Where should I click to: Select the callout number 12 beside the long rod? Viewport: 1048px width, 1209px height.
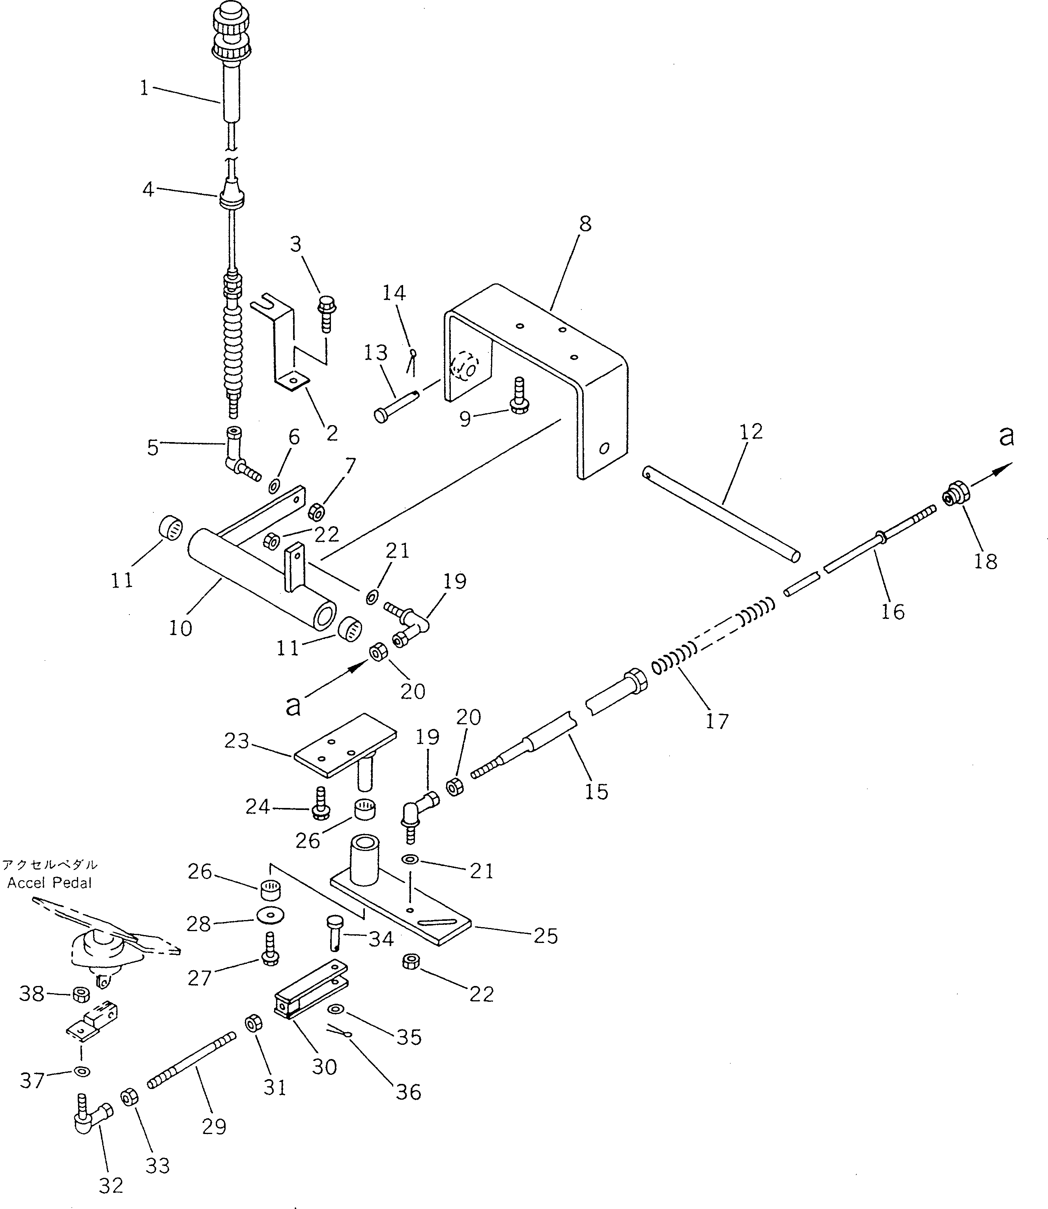(x=751, y=432)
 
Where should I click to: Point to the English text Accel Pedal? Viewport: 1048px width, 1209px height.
(x=50, y=883)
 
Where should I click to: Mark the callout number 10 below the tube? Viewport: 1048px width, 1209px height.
(x=180, y=628)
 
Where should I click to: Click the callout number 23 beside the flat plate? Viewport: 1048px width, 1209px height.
(x=236, y=741)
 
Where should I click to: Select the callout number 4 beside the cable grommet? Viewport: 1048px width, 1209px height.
(x=149, y=189)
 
